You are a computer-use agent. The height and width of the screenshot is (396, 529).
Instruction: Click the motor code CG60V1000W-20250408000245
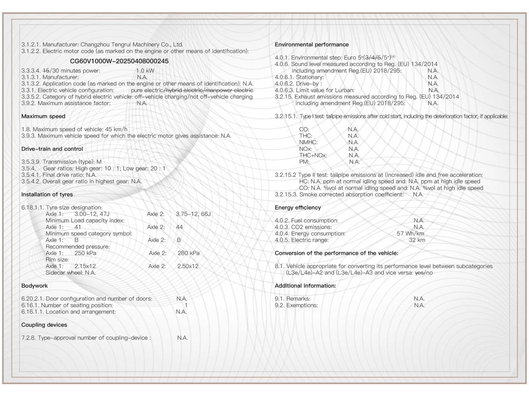pos(119,61)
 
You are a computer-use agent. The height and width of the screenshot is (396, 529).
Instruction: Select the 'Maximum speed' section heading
pos(43,116)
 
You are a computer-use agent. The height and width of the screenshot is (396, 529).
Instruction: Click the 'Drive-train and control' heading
pos(52,149)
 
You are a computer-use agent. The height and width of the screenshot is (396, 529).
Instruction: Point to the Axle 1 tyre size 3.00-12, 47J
pos(92,214)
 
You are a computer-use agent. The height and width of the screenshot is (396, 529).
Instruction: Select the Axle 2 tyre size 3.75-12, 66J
pos(193,214)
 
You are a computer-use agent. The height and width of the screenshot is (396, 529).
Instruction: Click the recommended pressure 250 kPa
pos(85,253)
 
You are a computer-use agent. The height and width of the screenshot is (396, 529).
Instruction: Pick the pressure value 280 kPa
pos(188,253)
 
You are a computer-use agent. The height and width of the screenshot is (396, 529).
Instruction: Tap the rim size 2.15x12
pos(85,266)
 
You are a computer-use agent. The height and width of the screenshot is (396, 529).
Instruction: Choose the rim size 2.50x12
pos(188,266)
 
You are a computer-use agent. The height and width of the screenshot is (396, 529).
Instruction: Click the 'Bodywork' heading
pos(34,286)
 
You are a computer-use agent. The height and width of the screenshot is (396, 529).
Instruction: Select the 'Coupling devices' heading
pos(44,325)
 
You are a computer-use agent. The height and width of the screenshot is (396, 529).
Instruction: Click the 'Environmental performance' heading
pos(311,45)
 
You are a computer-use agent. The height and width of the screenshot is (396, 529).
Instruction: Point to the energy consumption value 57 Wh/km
pos(410,234)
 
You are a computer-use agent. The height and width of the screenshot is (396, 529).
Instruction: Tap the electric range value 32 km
pos(417,240)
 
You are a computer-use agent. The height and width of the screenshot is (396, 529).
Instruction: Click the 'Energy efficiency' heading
pos(298,208)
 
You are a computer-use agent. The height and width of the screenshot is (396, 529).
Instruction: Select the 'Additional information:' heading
pos(305,286)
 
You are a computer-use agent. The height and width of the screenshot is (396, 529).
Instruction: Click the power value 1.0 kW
pos(145,71)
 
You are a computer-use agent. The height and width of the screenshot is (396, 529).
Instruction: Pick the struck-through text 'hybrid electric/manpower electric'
pos(210,90)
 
